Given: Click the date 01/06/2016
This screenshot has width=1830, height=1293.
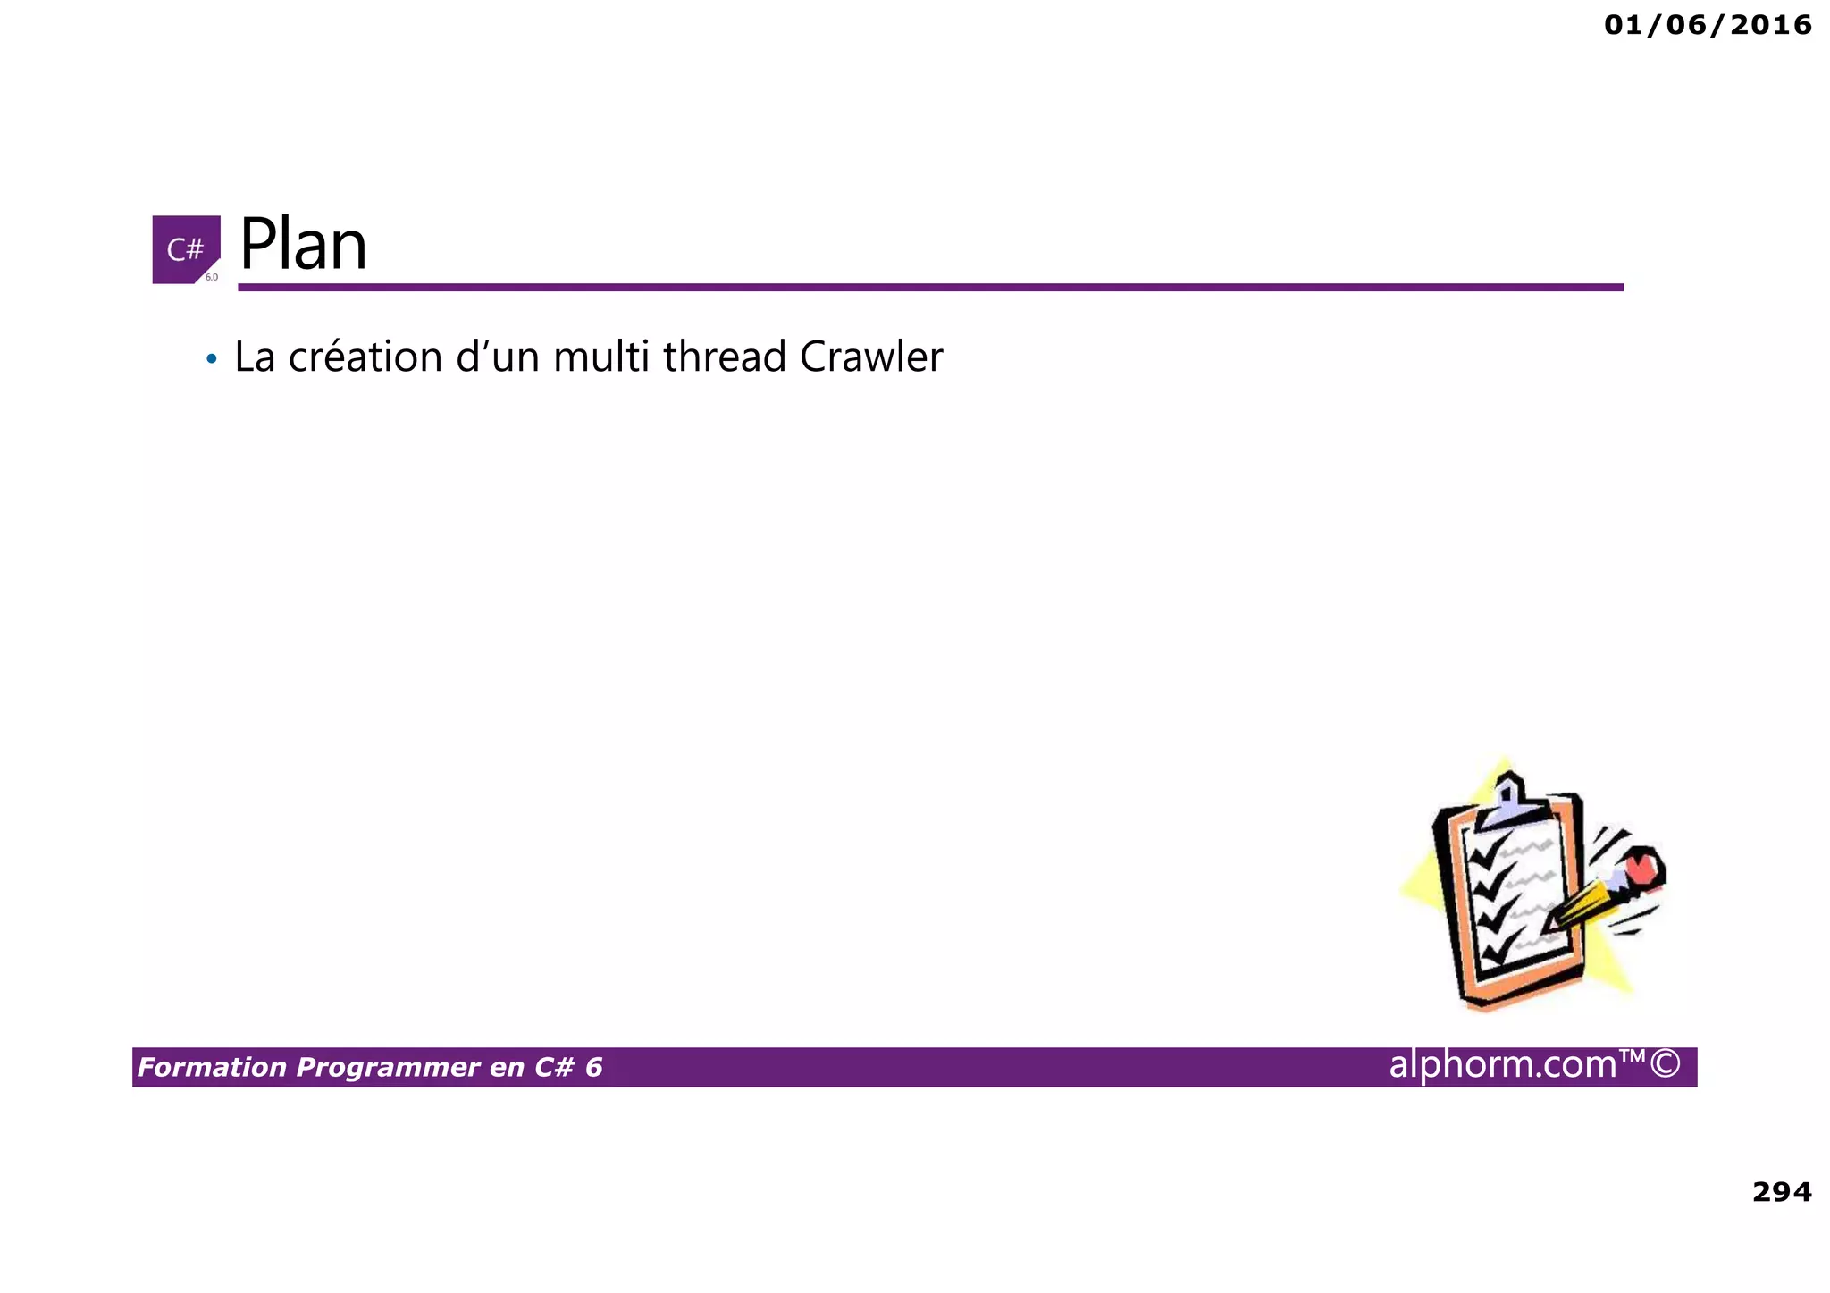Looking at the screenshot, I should coord(1707,25).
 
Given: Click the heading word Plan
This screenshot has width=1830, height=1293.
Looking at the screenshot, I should coord(303,245).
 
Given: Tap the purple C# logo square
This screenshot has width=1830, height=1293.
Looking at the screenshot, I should coord(185,248).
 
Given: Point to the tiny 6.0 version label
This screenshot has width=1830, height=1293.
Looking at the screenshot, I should coord(212,277).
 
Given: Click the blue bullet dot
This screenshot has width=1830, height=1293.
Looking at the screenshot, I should coord(211,360).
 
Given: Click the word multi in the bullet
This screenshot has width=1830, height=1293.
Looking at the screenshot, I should coord(601,357).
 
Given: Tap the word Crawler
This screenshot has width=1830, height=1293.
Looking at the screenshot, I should coord(871,357).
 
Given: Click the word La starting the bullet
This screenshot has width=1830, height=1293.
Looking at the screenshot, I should coord(254,357).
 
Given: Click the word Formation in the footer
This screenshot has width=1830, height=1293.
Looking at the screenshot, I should coord(212,1067).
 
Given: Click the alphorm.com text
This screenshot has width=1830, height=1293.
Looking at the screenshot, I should coord(1503,1064).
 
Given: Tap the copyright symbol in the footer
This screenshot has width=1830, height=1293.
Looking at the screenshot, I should coord(1664,1064).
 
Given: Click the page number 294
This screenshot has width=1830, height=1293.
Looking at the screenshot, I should coord(1781,1191).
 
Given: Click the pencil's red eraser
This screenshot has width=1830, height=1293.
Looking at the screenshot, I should coord(1642,867).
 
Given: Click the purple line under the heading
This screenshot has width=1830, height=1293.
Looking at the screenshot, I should coord(929,287).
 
